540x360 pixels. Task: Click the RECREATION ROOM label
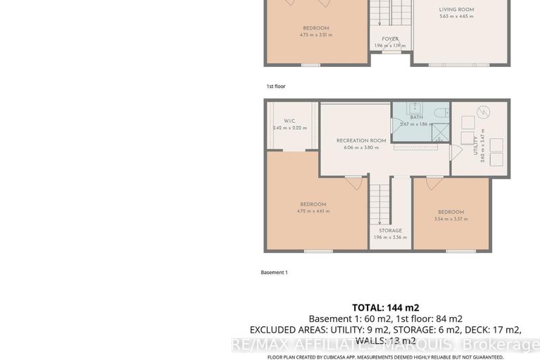(361, 141)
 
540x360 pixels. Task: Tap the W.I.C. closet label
(289, 120)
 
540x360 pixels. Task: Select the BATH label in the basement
(406, 117)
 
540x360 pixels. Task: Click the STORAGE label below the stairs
(390, 230)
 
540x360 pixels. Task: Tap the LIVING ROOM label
(456, 10)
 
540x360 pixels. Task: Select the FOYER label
(390, 39)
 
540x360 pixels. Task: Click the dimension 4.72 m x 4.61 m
(314, 211)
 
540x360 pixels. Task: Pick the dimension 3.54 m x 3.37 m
(451, 219)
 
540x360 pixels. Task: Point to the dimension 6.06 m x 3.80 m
(361, 147)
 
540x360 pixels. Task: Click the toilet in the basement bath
(441, 113)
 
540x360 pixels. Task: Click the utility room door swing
(454, 150)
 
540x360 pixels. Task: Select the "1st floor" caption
(276, 86)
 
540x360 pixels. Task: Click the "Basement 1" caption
(275, 272)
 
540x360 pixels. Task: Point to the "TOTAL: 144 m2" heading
(385, 307)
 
